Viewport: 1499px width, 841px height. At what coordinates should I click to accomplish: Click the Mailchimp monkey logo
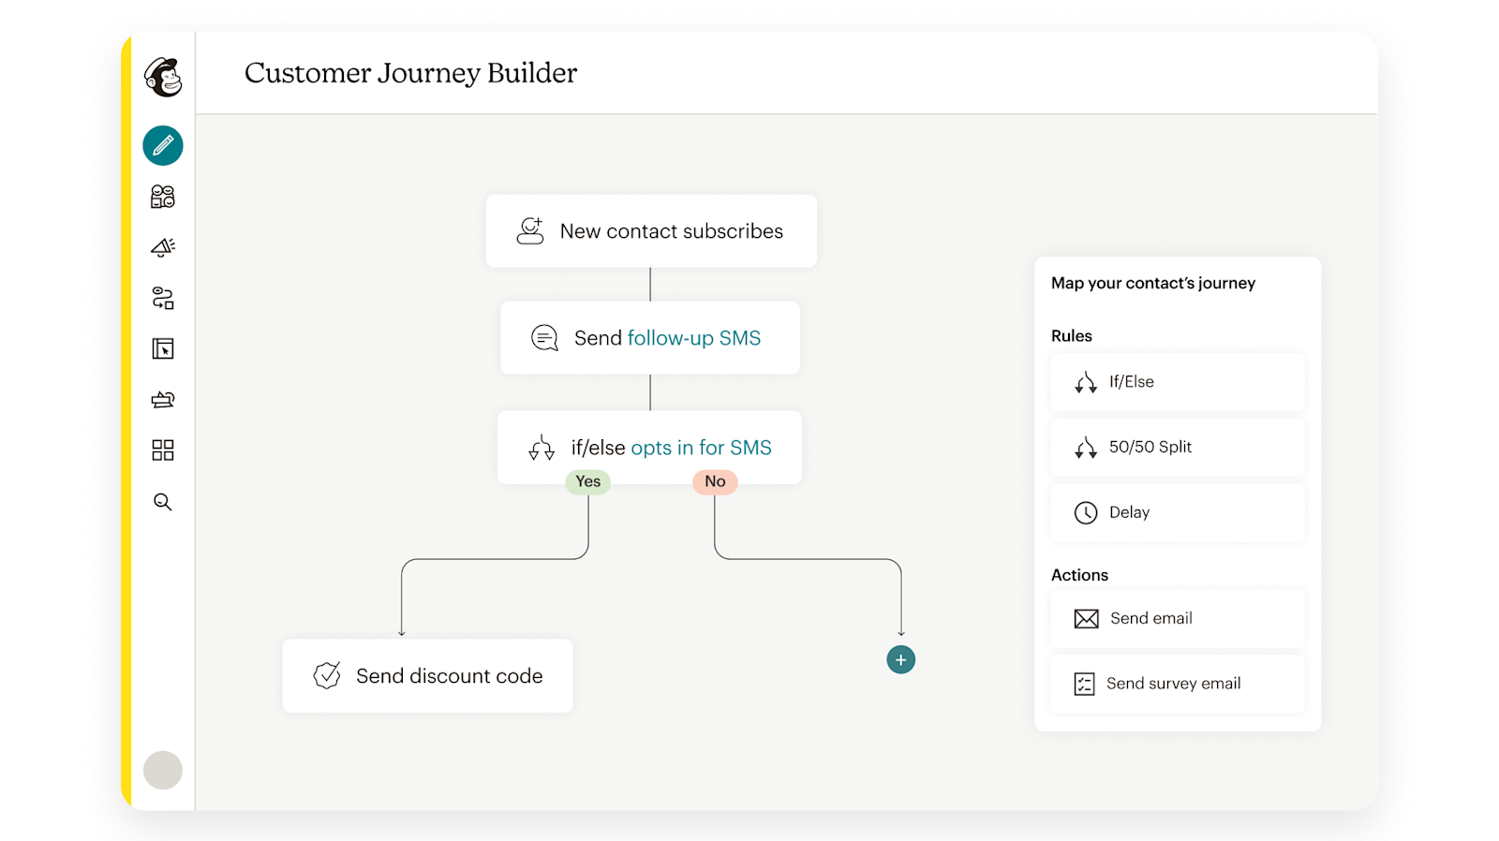click(x=163, y=77)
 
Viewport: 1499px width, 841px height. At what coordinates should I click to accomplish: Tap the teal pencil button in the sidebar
click(x=163, y=145)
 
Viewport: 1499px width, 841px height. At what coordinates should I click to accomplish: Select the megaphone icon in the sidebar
click(x=163, y=247)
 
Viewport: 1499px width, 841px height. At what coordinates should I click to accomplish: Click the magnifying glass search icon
click(x=163, y=502)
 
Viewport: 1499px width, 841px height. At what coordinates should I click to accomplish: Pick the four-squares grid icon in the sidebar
click(x=163, y=450)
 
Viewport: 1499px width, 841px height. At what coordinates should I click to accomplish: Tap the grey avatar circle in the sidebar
click(x=163, y=770)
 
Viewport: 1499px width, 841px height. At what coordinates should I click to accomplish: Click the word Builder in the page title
click(x=532, y=73)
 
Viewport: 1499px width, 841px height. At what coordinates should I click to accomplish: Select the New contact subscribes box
click(x=651, y=230)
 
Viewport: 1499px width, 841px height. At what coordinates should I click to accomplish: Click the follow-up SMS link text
click(x=694, y=338)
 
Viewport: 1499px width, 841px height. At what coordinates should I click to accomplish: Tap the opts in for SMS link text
click(x=702, y=448)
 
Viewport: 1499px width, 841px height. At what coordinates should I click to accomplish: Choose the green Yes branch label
click(x=587, y=481)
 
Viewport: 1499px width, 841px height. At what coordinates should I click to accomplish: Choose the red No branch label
click(x=715, y=481)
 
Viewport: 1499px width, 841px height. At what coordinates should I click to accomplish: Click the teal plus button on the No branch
click(x=900, y=659)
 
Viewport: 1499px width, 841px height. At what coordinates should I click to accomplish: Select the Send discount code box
click(x=427, y=676)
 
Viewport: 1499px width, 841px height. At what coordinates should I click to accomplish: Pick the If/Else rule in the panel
click(x=1178, y=382)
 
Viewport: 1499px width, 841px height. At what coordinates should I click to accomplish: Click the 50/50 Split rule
click(x=1178, y=447)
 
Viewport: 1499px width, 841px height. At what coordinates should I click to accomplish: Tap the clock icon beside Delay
click(x=1086, y=512)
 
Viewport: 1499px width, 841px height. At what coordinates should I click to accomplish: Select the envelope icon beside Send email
click(x=1086, y=618)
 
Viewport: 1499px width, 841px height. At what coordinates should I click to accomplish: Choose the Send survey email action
click(x=1178, y=684)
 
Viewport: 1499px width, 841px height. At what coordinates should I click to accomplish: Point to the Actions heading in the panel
click(x=1079, y=575)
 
